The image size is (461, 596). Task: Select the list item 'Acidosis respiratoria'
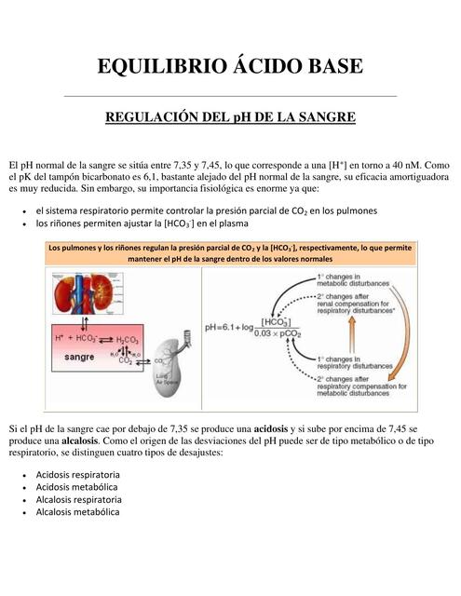tap(77, 474)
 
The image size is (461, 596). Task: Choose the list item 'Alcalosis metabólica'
tap(76, 511)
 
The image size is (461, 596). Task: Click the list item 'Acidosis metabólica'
tap(76, 486)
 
